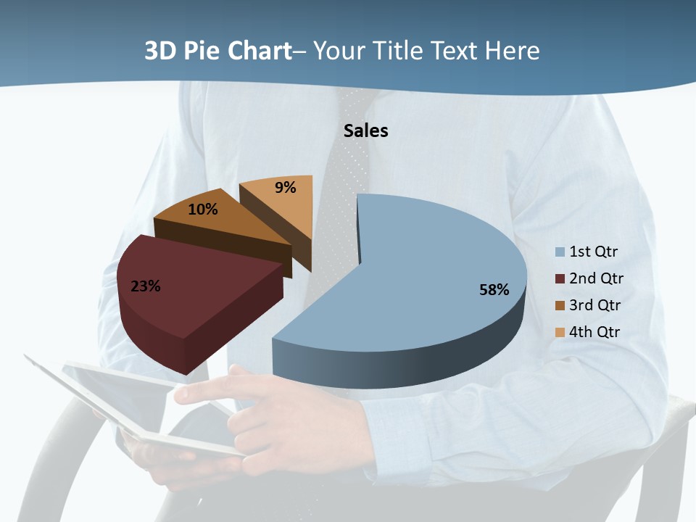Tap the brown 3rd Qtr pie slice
pos(217,225)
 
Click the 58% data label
pos(494,290)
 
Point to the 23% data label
pos(145,286)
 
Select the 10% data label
pos(203,210)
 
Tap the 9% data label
pos(286,188)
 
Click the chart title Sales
pos(365,130)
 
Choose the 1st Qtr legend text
pos(594,252)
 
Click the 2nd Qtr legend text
pos(596,278)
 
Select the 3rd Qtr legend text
pos(595,305)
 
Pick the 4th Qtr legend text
pos(595,332)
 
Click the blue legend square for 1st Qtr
pos(560,252)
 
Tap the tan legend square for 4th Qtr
pos(560,333)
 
